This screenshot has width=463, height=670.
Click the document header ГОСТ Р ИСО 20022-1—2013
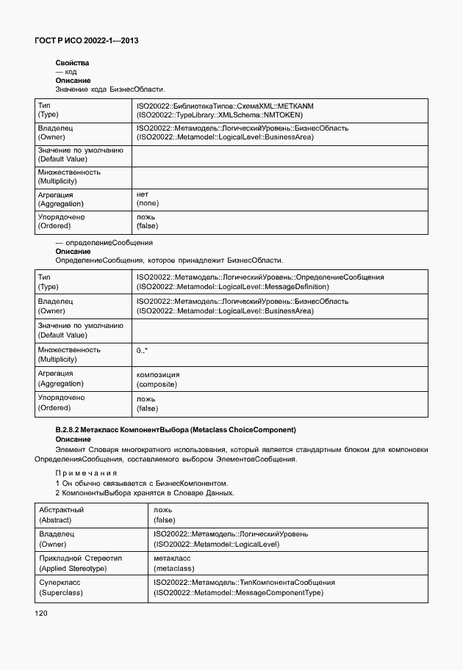point(87,42)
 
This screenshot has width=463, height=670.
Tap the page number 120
point(41,613)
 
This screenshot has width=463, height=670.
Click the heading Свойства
point(72,63)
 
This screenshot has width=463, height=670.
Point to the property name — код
point(66,72)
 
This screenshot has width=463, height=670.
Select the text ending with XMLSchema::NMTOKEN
point(220,114)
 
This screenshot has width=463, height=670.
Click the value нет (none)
point(148,199)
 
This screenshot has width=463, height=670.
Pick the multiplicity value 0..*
point(143,351)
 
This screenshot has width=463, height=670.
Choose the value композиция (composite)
point(158,379)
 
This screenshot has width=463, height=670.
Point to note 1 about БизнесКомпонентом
point(142,484)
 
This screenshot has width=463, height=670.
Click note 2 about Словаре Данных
point(145,493)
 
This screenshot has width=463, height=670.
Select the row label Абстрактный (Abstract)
point(61,514)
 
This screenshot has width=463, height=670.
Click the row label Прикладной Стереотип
point(80,558)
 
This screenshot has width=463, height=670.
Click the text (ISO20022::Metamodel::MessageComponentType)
point(238,593)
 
